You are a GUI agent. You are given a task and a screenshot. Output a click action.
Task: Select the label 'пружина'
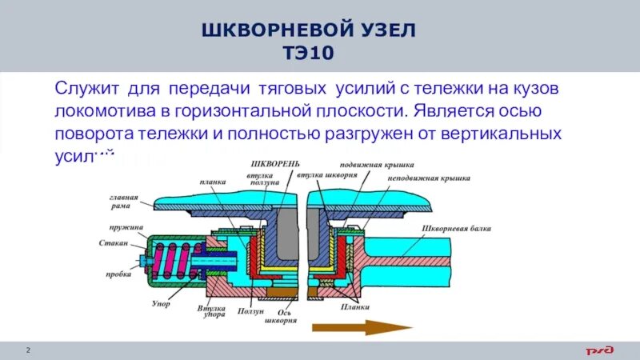[x=128, y=227]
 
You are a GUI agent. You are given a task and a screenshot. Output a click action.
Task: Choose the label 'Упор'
[x=160, y=305]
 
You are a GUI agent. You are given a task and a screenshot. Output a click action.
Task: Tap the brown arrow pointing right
[x=361, y=326]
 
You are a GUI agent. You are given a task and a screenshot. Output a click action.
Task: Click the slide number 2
[x=29, y=350]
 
